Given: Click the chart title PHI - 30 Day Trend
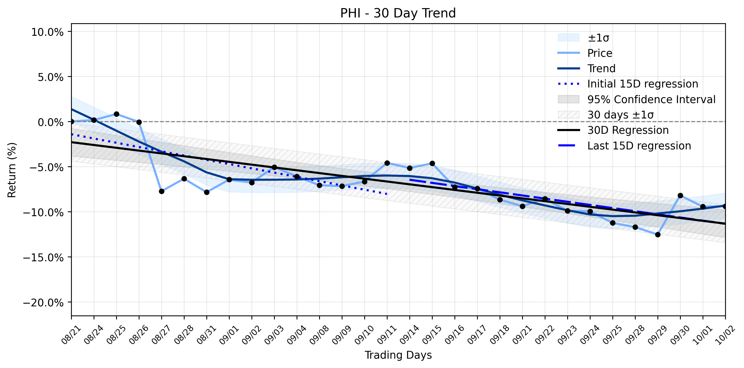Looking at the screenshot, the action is pos(398,13).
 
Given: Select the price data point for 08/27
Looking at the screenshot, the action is pos(161,191).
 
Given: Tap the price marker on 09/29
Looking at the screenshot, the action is pos(658,235).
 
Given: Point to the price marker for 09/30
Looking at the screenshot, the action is pos(680,195).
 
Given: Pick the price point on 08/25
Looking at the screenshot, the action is pos(116,114).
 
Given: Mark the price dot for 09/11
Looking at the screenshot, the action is pos(387,163).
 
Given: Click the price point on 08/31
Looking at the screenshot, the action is pos(207,192).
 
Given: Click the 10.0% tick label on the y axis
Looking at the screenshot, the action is pos(48,32).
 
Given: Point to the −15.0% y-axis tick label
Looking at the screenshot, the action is pos(43,257).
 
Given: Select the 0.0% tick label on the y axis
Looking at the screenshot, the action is pos(51,122).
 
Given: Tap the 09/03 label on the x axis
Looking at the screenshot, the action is pos(270,335).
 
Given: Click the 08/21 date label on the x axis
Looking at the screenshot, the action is pos(67,335).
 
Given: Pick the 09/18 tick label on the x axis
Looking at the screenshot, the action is pos(496,335).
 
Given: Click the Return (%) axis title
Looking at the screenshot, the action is pos(12,170).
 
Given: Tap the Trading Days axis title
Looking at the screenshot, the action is pos(398,355).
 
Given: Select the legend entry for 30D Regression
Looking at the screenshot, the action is pos(613,130).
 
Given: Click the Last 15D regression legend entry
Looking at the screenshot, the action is pos(624,146).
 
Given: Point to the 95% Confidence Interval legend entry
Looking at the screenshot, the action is pos(637,99).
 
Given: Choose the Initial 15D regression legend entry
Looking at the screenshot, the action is pos(628,84).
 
